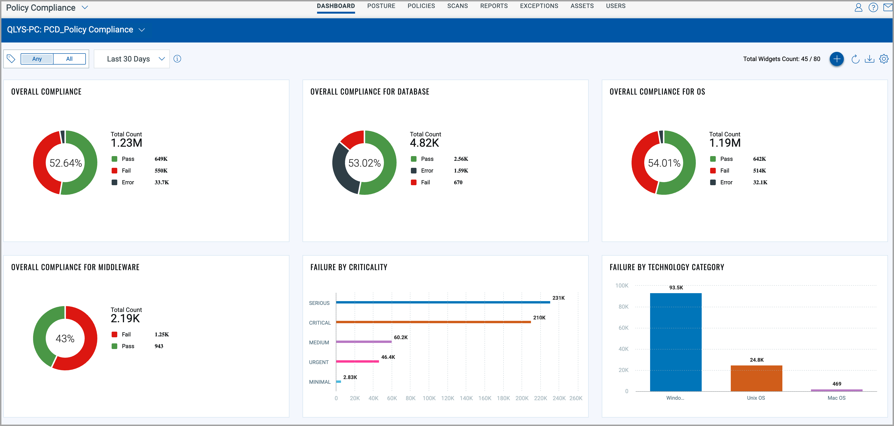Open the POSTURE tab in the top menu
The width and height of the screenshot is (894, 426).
pyautogui.click(x=381, y=6)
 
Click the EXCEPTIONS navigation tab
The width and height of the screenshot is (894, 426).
pyautogui.click(x=539, y=6)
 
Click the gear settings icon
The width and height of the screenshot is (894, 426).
pyautogui.click(x=884, y=59)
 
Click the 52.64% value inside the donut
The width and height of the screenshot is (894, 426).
pyautogui.click(x=66, y=163)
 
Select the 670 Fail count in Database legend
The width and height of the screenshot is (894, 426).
pyautogui.click(x=458, y=182)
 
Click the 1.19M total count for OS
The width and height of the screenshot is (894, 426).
pyautogui.click(x=725, y=143)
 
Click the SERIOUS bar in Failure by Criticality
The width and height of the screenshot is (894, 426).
pyautogui.click(x=443, y=302)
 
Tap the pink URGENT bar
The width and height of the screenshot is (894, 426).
pyautogui.click(x=357, y=361)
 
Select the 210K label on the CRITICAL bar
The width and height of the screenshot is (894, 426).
pyautogui.click(x=539, y=318)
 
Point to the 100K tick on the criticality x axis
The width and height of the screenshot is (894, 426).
pyautogui.click(x=429, y=398)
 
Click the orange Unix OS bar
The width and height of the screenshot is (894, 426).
pyautogui.click(x=756, y=378)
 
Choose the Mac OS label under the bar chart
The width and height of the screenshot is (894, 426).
pyautogui.click(x=836, y=398)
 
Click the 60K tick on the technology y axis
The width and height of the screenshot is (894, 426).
pyautogui.click(x=623, y=328)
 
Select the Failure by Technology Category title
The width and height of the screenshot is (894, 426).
pyautogui.click(x=667, y=267)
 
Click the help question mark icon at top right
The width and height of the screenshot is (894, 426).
pyautogui.click(x=873, y=7)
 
